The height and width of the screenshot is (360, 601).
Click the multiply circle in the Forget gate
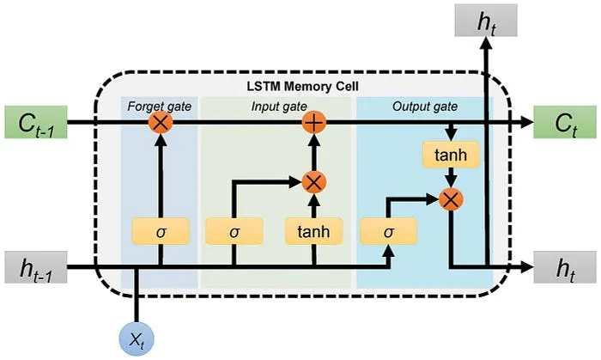pyautogui.click(x=160, y=123)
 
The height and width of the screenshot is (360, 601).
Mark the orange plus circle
pyautogui.click(x=315, y=123)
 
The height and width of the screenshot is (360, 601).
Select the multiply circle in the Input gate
pyautogui.click(x=315, y=181)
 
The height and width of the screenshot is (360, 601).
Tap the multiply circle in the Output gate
pyautogui.click(x=450, y=199)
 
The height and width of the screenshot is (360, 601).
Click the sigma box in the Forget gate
pyautogui.click(x=160, y=231)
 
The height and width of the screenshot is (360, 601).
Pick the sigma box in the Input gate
pyautogui.click(x=234, y=231)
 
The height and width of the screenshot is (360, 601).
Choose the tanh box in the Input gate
pyautogui.click(x=314, y=231)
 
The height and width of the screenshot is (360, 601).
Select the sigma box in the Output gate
pyautogui.click(x=388, y=231)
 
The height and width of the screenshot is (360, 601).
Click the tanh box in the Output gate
pyautogui.click(x=450, y=156)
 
